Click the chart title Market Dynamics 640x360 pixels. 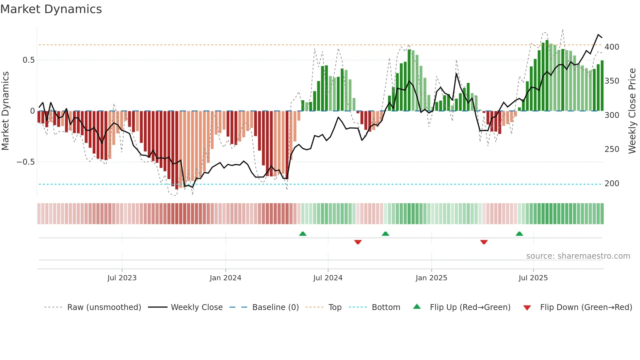(x=51, y=9)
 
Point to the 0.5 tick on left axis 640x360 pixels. (x=28, y=60)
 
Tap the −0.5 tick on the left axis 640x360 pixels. (x=26, y=162)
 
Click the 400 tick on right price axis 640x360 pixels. (x=612, y=47)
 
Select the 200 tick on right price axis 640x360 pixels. (x=612, y=184)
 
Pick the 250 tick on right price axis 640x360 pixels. (x=612, y=149)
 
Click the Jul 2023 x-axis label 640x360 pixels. (x=122, y=278)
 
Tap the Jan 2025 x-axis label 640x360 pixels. (x=431, y=278)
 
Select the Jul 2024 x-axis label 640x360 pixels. (x=328, y=278)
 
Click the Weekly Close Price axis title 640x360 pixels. (x=632, y=111)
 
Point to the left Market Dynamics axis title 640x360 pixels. (x=5, y=111)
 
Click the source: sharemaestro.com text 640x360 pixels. (x=578, y=256)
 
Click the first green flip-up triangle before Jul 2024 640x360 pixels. (x=303, y=234)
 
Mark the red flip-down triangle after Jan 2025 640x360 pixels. (x=484, y=242)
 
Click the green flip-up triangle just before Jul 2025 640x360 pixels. (x=519, y=234)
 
